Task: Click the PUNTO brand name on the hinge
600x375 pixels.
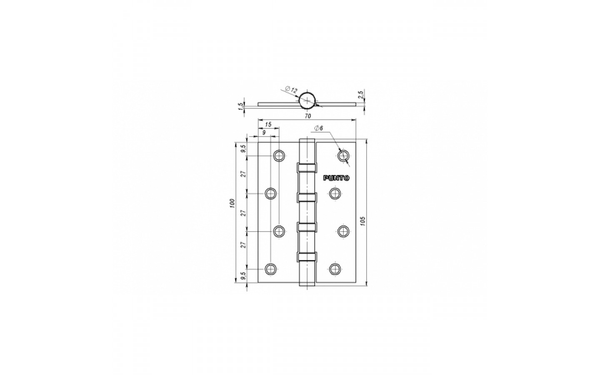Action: (336, 178)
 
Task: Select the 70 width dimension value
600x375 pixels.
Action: (308, 116)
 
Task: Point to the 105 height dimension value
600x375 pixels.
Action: (363, 221)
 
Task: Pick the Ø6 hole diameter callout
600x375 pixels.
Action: (319, 128)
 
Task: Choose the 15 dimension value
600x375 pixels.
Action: (268, 124)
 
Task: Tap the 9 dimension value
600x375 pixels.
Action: (264, 132)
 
